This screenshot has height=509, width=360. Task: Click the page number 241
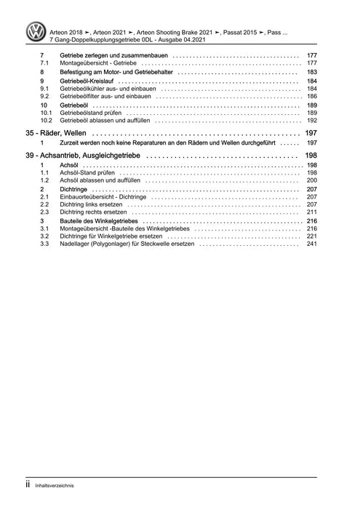point(311,244)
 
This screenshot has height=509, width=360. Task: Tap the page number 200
point(311,181)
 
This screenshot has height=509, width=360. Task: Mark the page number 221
point(311,236)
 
